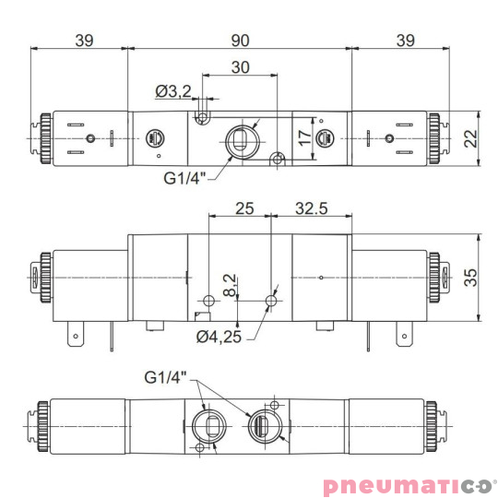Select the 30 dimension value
240,67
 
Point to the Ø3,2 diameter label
173,90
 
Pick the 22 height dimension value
471,139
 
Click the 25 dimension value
243,208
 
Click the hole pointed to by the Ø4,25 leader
271,301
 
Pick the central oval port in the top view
239,140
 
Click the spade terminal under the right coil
404,337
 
